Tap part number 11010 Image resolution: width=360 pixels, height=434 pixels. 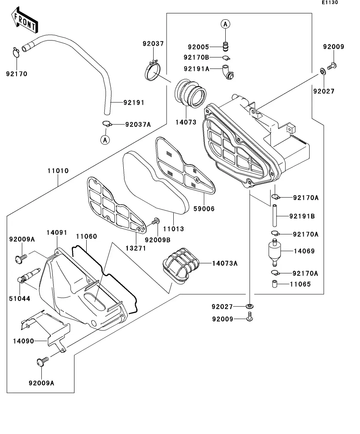tap(59, 172)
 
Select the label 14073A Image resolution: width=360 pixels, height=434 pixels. tap(225, 264)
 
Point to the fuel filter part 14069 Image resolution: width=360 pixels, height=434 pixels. tap(276, 251)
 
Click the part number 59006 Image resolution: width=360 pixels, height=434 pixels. tap(204, 209)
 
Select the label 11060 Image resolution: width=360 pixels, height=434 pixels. tap(86, 236)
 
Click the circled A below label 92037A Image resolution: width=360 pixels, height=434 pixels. tap(105, 139)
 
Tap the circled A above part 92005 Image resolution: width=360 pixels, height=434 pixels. tap(225, 24)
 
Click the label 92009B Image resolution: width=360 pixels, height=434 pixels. tap(158, 240)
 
